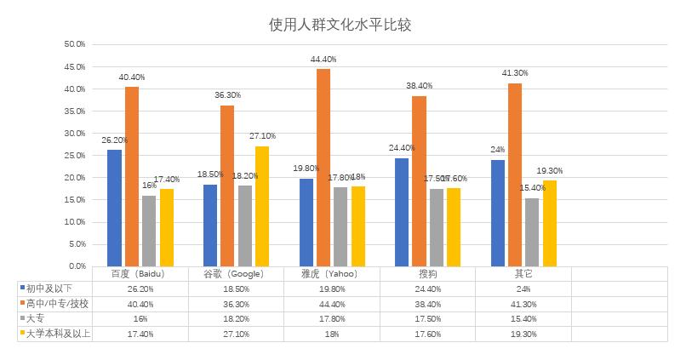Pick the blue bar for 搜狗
click(x=402, y=212)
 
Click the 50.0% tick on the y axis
click(x=75, y=44)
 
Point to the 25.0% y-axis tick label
click(x=75, y=156)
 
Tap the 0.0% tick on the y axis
click(x=75, y=266)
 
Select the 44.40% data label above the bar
click(x=323, y=60)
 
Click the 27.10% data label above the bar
click(x=261, y=136)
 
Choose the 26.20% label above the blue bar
click(x=114, y=140)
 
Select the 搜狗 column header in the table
click(x=428, y=274)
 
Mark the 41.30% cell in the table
click(x=523, y=304)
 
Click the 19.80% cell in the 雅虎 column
click(x=332, y=289)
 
